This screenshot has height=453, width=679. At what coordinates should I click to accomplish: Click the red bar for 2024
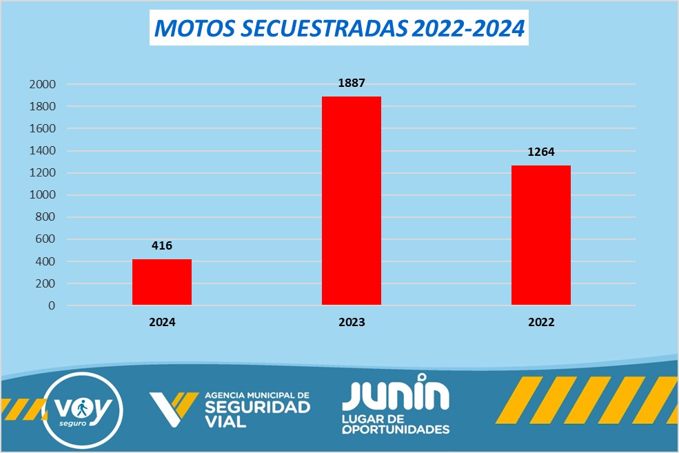point(162,282)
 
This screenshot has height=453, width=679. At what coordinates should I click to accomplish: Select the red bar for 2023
point(352,201)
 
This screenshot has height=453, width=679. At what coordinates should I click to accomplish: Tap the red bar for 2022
point(541,235)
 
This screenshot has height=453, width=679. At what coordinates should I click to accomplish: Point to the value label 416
point(162,245)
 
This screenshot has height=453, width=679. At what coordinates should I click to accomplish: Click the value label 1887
point(352,83)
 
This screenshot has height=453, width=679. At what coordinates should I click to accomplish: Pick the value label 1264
point(541,152)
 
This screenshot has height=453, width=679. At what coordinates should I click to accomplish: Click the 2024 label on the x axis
point(162,322)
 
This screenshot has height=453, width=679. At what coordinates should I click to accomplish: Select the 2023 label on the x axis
point(352,322)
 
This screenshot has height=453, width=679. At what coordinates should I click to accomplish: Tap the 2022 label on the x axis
point(541,322)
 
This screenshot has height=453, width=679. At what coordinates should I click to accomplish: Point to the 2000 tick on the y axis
point(43,84)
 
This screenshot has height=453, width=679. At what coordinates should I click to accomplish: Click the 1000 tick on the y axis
point(43,195)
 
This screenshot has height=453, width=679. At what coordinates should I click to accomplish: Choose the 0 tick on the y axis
point(52,305)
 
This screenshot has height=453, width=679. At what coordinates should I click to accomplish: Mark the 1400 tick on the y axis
point(43,151)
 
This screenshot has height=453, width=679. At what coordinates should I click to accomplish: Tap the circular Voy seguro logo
point(83,410)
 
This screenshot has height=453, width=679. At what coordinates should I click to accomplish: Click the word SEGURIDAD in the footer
point(258,407)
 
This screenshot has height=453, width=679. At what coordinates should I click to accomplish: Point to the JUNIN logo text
point(396,393)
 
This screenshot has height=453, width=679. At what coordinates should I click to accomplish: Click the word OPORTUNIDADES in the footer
point(396,430)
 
